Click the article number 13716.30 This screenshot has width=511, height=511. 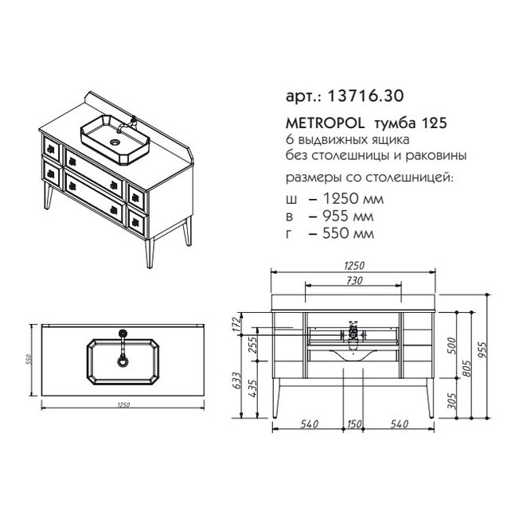[x=365, y=96]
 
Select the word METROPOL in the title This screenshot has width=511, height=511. [x=326, y=123]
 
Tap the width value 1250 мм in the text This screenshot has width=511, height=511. [x=353, y=198]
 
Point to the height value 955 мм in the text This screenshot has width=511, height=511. [x=348, y=216]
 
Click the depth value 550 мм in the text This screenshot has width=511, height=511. [x=348, y=233]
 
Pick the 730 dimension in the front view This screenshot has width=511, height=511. [x=354, y=280]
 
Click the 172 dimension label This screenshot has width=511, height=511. [x=236, y=324]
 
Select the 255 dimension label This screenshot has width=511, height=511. [x=253, y=345]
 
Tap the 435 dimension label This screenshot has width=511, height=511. [x=253, y=388]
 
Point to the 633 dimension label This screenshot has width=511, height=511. [x=236, y=380]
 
